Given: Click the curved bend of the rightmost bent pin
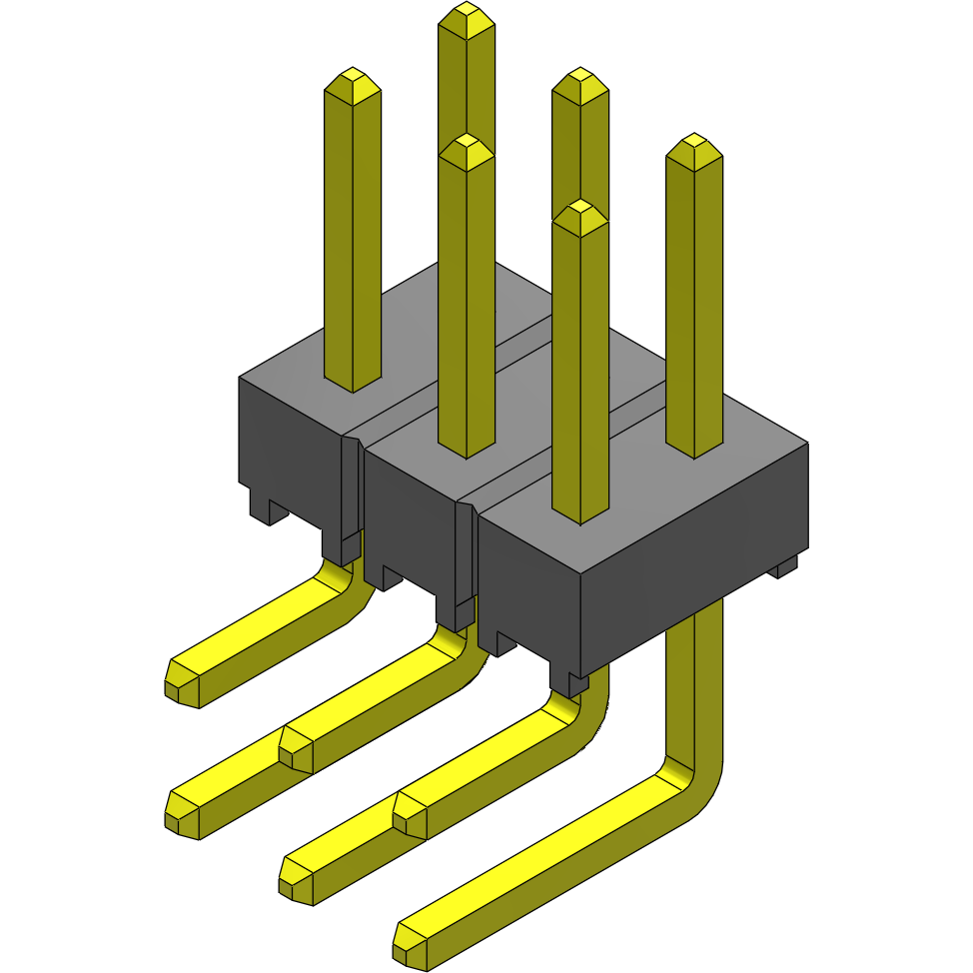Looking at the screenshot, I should tap(693, 779).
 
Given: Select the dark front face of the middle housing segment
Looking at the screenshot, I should tap(410, 519).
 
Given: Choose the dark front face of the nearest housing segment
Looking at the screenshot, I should tap(529, 589).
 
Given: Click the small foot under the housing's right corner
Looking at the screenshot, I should tap(786, 567).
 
